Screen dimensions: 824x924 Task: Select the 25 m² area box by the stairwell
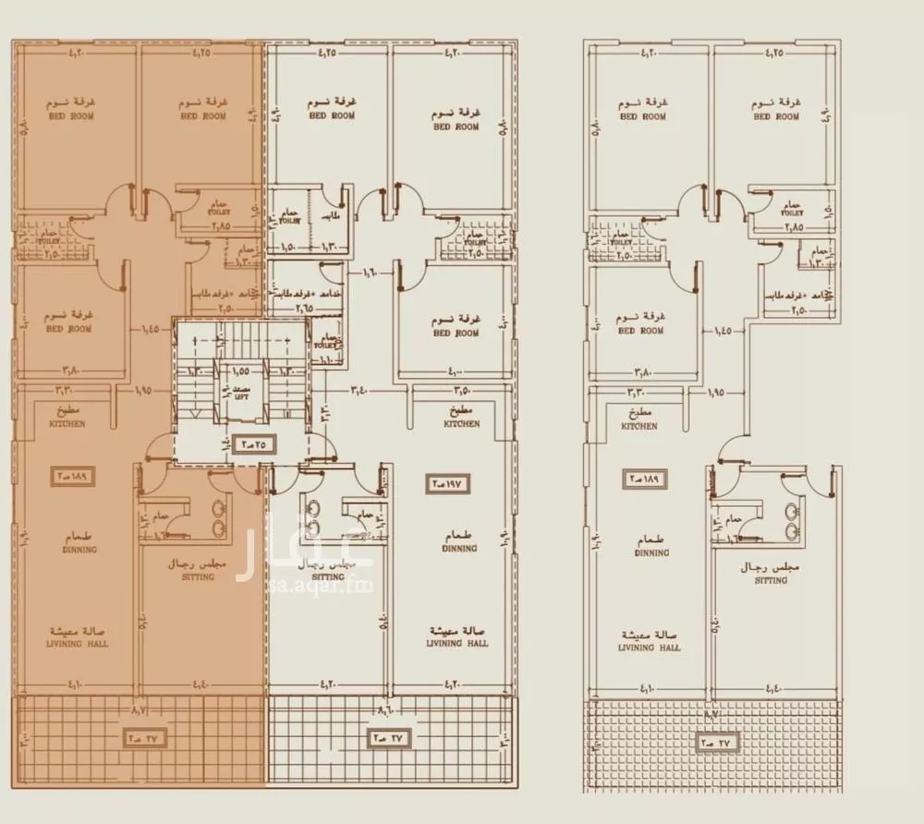tap(252, 442)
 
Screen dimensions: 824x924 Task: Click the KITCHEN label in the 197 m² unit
tap(460, 424)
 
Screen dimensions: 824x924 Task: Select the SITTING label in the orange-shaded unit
tap(198, 576)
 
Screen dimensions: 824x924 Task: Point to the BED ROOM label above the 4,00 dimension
tap(456, 333)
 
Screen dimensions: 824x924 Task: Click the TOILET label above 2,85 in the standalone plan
tap(791, 212)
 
